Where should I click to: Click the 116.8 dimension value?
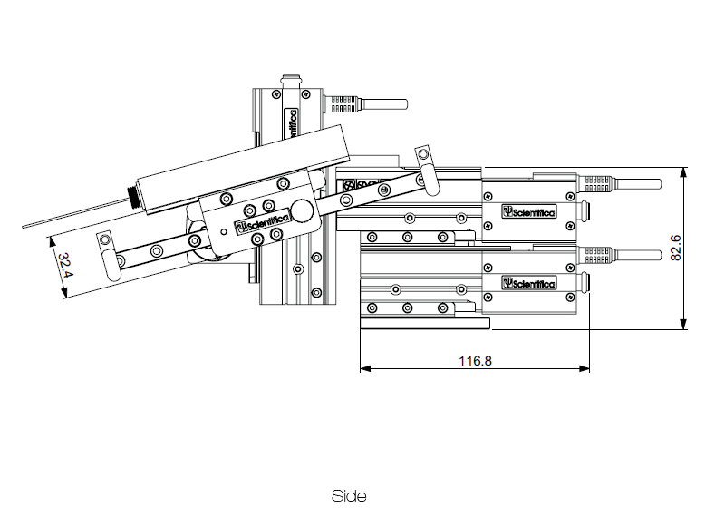(x=475, y=361)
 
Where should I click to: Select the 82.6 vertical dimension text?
(x=675, y=248)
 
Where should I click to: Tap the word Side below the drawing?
(x=350, y=496)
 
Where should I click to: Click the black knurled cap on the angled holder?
(x=134, y=198)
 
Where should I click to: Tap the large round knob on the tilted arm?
(x=302, y=210)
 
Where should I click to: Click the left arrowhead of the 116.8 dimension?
(x=364, y=369)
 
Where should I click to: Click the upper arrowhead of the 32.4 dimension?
(x=47, y=242)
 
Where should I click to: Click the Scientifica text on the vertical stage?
(x=293, y=123)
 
